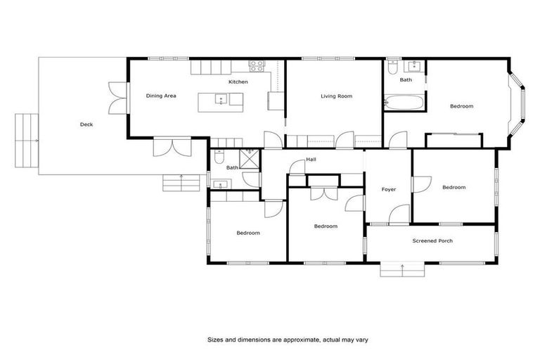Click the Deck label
tap(86, 124)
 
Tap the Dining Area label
tap(160, 96)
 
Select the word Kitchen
tap(238, 82)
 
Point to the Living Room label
tap(336, 96)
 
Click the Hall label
tap(311, 160)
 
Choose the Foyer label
tap(388, 190)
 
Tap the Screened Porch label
tap(432, 240)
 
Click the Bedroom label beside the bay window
tap(461, 106)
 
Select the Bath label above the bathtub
tap(406, 80)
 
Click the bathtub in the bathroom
tap(404, 103)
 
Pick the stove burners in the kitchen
tap(257, 67)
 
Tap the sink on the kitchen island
tap(221, 101)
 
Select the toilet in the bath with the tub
tap(393, 67)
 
